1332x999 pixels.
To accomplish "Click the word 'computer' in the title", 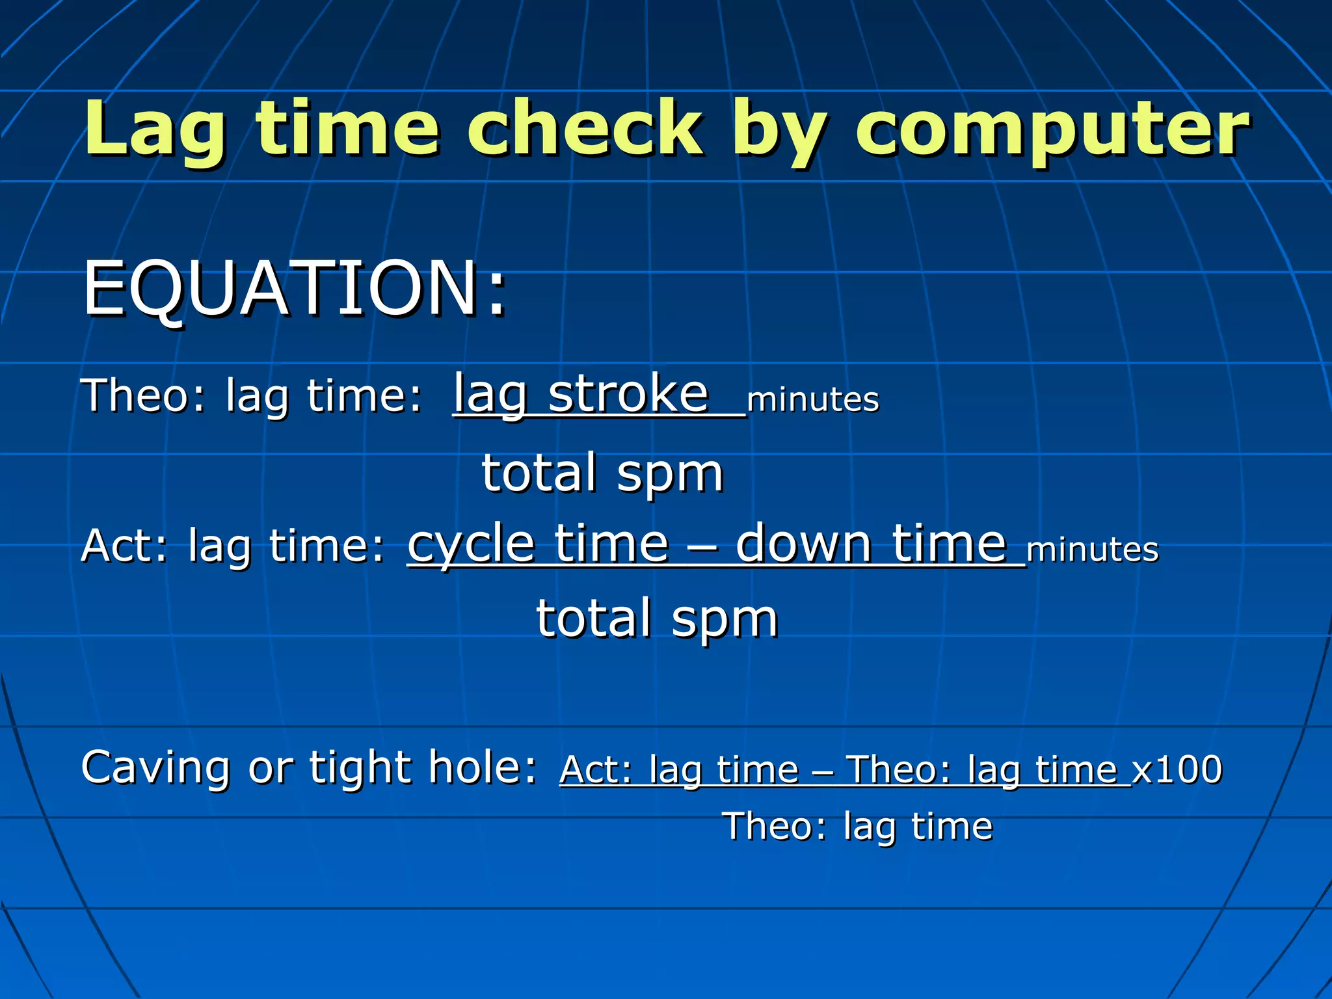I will click(x=1052, y=130).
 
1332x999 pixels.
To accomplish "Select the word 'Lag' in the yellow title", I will click(x=155, y=130).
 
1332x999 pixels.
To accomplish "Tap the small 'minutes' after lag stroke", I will click(x=812, y=399).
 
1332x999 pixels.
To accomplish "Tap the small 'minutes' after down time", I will click(x=1092, y=550).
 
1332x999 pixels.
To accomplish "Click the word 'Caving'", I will click(x=155, y=768).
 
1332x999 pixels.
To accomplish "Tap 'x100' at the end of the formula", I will click(x=1177, y=770).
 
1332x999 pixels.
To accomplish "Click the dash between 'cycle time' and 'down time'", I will click(x=702, y=546).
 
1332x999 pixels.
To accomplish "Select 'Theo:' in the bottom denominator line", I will click(x=775, y=827).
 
